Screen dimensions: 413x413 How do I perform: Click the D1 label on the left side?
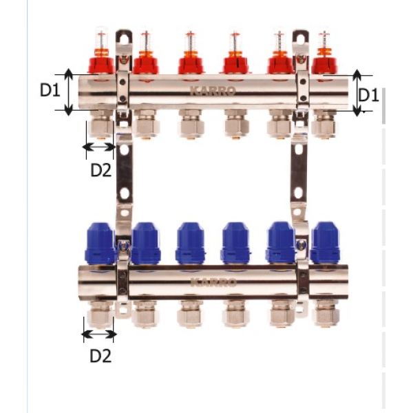pyautogui.click(x=50, y=89)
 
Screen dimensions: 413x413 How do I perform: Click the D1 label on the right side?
pyautogui.click(x=369, y=95)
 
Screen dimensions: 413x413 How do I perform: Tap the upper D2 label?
pyautogui.click(x=101, y=170)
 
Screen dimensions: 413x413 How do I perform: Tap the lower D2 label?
pyautogui.click(x=100, y=356)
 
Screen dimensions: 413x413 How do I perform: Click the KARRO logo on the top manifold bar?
pyautogui.click(x=213, y=91)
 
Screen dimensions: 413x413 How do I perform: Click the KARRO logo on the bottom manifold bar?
pyautogui.click(x=213, y=282)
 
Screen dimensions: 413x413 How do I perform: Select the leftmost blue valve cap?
pyautogui.click(x=100, y=244)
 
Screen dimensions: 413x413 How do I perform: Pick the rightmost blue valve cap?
pyautogui.click(x=326, y=243)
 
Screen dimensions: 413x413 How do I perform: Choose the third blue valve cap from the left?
pyautogui.click(x=191, y=244)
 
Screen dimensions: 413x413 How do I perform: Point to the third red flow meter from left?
pyautogui.click(x=191, y=53)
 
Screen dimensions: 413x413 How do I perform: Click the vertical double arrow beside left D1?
pyautogui.click(x=68, y=92)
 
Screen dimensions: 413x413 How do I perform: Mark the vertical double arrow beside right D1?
pyautogui.click(x=357, y=93)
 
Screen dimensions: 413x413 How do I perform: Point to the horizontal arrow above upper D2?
pyautogui.click(x=99, y=147)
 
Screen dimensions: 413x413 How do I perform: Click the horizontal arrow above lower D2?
pyautogui.click(x=99, y=335)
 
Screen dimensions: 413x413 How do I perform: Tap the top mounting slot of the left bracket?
pyautogui.click(x=124, y=39)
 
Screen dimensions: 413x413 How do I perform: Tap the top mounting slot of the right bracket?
pyautogui.click(x=301, y=39)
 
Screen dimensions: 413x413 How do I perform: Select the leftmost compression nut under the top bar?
pyautogui.click(x=101, y=125)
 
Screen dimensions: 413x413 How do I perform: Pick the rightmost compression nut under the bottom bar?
pyautogui.click(x=326, y=313)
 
